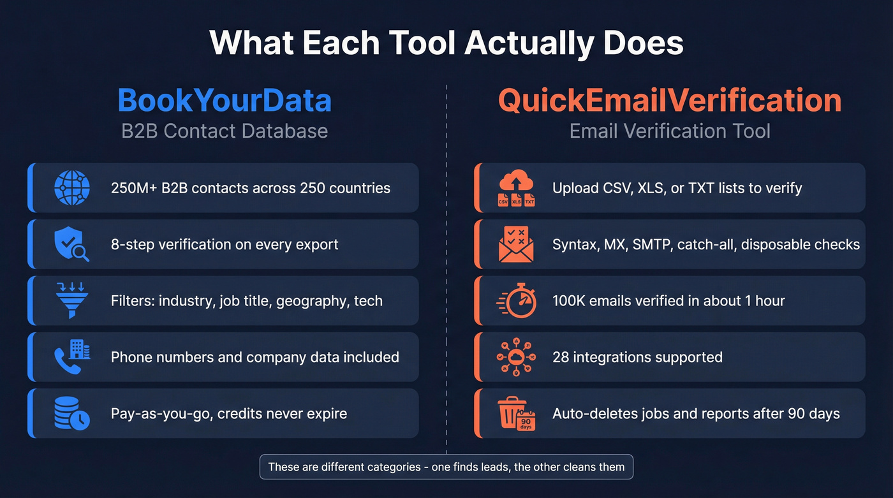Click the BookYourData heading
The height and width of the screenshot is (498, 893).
[x=225, y=101]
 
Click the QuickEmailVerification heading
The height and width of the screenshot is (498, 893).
[x=670, y=101]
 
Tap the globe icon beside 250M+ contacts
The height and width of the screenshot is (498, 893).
[x=72, y=187]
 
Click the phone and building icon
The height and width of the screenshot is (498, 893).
[x=72, y=356]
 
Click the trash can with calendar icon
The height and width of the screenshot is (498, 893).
[x=515, y=413]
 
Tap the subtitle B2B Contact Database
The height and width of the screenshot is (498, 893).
[x=225, y=131]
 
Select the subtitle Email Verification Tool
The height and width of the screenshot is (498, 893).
[x=670, y=131]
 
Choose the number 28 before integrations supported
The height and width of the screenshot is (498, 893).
[x=561, y=357]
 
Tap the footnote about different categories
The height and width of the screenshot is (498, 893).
[x=447, y=467]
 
